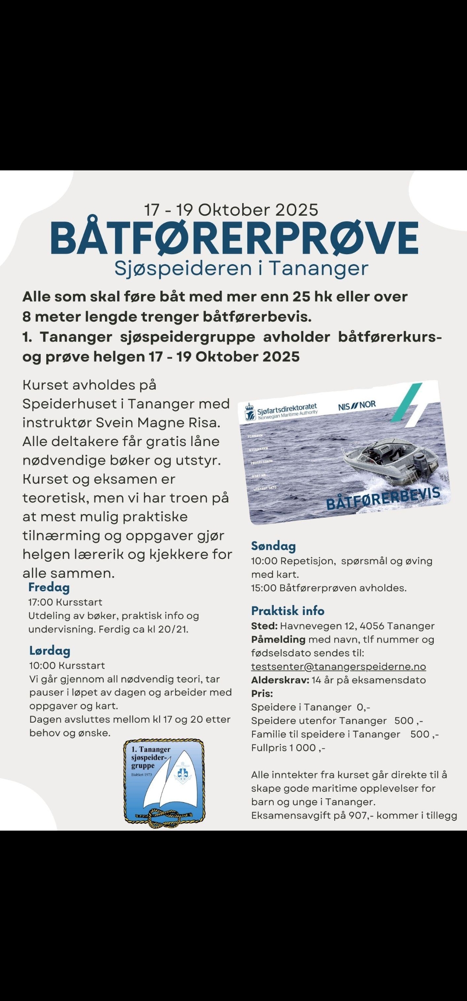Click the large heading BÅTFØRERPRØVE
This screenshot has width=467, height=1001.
point(234,238)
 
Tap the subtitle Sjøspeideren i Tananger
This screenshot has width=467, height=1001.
point(241,268)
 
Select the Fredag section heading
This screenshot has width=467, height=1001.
point(49,587)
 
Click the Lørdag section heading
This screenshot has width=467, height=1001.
point(50,651)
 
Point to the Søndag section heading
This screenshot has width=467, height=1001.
point(273,546)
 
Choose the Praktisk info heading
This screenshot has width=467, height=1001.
point(288,611)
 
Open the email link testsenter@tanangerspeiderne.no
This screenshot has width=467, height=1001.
point(338,666)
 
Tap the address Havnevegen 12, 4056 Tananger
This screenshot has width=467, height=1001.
point(357,626)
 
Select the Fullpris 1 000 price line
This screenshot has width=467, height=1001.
point(288,748)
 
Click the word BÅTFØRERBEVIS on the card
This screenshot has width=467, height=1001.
point(383,498)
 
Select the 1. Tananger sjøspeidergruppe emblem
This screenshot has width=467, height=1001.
point(164,783)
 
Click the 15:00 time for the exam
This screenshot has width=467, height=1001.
point(263,588)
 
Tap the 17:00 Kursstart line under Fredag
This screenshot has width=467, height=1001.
point(65,602)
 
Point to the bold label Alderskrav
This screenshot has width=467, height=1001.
point(280,680)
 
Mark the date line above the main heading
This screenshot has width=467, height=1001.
point(231,210)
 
